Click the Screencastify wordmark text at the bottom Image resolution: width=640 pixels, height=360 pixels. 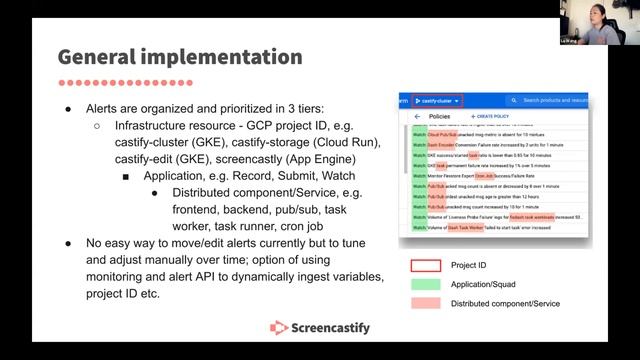click(x=332, y=327)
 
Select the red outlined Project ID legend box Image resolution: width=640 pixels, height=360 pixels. click(x=425, y=267)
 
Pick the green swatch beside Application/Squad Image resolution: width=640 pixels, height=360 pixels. click(x=425, y=285)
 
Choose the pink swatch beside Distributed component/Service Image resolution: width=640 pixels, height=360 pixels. click(x=425, y=303)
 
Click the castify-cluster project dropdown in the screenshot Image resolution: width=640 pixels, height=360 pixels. click(x=437, y=101)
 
